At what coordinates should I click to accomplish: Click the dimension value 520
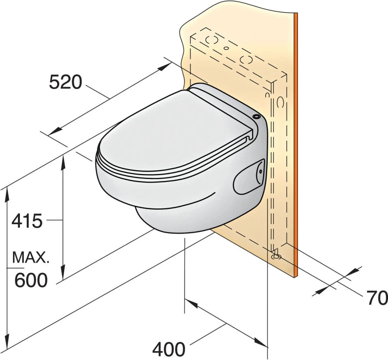coord(65,82)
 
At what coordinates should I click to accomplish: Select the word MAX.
coord(31,258)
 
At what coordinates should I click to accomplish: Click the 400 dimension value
coord(169,349)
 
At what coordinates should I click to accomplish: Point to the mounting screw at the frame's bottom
coord(276,257)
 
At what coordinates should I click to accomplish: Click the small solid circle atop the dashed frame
coord(226,49)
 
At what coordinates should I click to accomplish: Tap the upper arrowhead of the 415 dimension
coord(64,161)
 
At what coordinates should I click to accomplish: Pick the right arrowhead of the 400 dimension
coord(262,343)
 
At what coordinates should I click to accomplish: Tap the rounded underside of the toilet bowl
coord(169,219)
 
